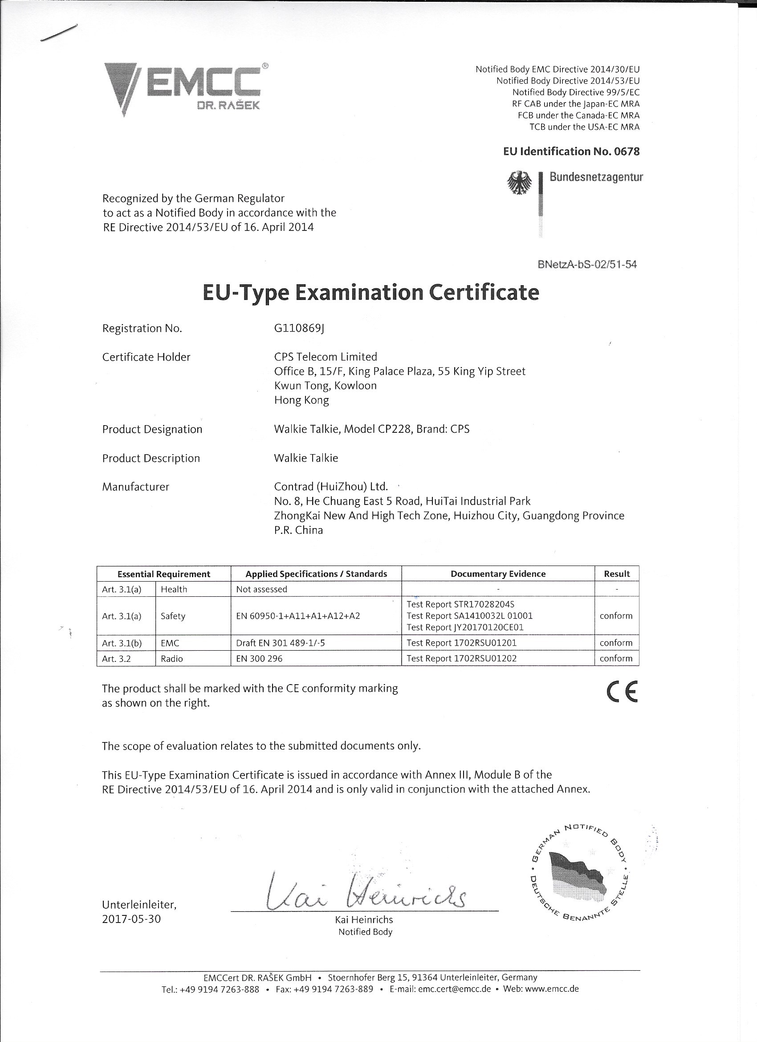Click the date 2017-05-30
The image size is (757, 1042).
point(132,919)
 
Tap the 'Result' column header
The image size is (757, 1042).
point(617,574)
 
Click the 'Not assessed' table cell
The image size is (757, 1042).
point(262,589)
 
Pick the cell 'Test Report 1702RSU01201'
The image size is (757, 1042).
point(461,643)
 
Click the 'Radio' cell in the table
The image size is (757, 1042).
point(172,658)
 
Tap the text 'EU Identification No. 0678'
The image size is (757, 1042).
point(571,152)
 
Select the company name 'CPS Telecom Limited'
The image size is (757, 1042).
point(326,357)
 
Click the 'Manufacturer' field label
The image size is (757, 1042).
point(135,487)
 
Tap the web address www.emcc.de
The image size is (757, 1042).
point(551,989)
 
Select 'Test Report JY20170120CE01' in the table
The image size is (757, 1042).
point(465,627)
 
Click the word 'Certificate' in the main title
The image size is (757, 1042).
point(484,293)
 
